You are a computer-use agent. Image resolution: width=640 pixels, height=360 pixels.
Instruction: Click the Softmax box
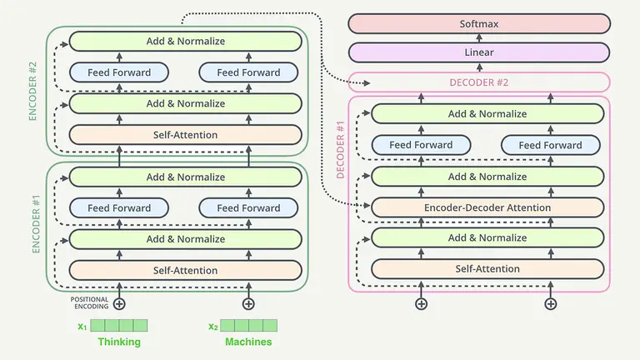(x=478, y=23)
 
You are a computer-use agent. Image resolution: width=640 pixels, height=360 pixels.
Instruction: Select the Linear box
(x=478, y=52)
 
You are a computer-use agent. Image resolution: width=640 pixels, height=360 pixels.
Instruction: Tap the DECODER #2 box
(x=478, y=82)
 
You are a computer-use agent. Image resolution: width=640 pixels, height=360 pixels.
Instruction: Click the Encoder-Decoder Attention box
(x=487, y=207)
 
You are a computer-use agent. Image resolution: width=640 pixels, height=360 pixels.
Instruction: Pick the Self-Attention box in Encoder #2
(x=185, y=134)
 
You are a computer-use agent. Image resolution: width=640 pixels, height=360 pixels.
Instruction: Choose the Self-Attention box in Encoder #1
(x=185, y=270)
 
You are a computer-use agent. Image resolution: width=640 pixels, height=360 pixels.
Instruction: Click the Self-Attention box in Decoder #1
(x=487, y=268)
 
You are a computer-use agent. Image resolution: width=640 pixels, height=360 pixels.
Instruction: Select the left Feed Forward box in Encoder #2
(x=119, y=72)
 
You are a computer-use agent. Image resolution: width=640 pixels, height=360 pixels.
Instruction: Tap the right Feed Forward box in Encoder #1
(x=248, y=207)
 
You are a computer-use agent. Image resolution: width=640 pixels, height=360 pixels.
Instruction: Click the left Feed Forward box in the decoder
(x=421, y=145)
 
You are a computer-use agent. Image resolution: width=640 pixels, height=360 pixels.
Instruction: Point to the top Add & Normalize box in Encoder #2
(x=185, y=41)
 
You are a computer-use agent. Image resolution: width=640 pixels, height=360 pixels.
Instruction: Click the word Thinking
(x=119, y=342)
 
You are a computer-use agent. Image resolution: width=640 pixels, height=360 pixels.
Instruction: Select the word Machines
(x=248, y=342)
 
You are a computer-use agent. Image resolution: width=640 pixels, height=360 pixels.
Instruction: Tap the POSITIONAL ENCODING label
(x=89, y=302)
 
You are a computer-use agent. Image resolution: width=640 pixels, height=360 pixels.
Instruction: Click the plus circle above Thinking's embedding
(x=119, y=303)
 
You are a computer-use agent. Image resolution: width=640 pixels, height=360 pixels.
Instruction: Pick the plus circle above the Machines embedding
(x=247, y=303)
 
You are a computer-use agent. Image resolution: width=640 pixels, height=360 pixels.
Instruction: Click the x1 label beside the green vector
(x=82, y=326)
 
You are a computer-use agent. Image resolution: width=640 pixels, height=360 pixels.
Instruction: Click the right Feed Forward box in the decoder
(x=550, y=145)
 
